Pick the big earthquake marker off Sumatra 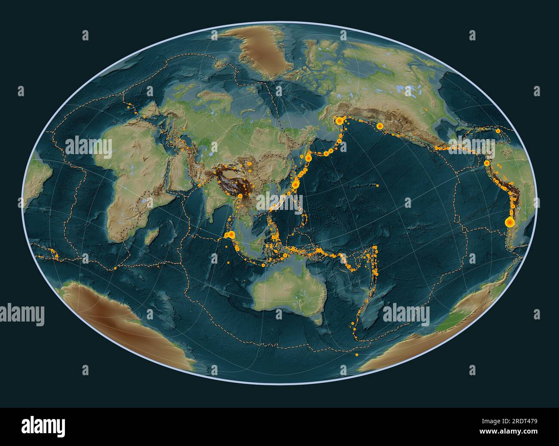(231, 235)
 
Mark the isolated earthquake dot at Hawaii (377, 185)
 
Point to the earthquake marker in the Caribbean (498, 131)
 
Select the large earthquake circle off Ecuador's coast (486, 163)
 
